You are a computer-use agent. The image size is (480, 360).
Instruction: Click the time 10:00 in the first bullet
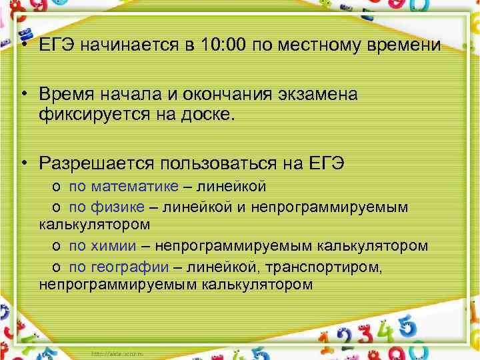223,46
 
